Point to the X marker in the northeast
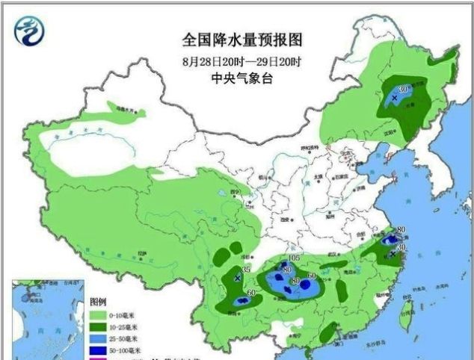pyautogui.click(x=394, y=98)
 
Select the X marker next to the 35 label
pyautogui.click(x=238, y=278)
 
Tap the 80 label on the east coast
pyautogui.click(x=401, y=229)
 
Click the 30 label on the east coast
pyautogui.click(x=401, y=247)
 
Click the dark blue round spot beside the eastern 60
pyautogui.click(x=304, y=284)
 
